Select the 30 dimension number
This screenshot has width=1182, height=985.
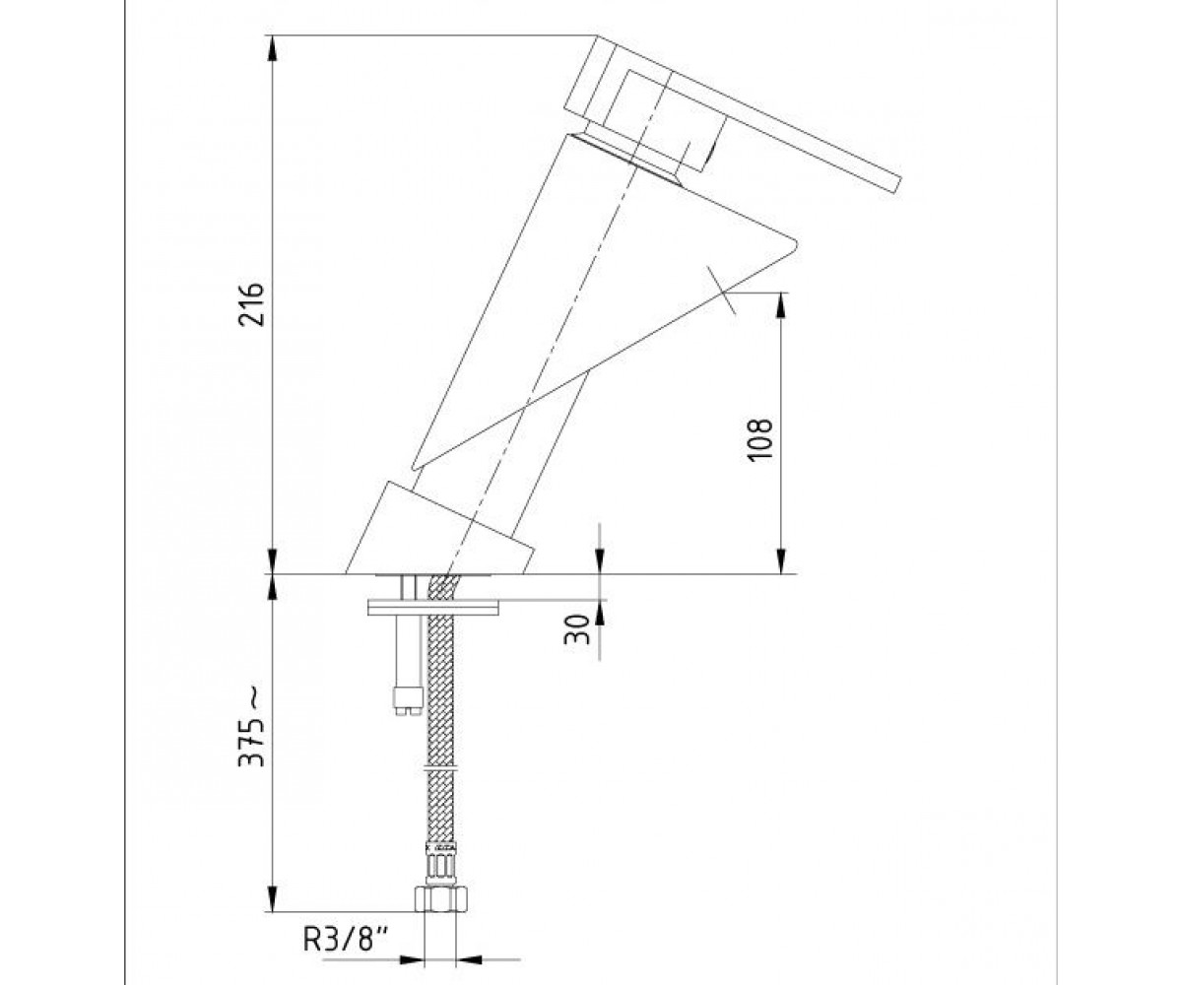[577, 629]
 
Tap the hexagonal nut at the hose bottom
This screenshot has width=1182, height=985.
[440, 914]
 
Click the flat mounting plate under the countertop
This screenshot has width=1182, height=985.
[433, 608]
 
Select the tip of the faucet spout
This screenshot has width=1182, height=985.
[795, 243]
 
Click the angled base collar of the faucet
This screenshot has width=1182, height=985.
[440, 529]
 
